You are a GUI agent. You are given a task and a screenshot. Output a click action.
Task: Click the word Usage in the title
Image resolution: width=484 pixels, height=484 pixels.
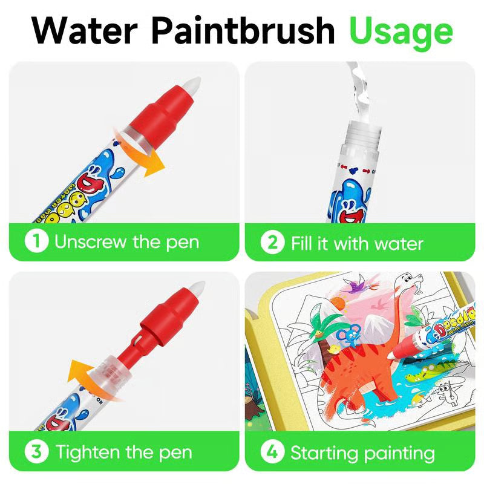[x=401, y=30]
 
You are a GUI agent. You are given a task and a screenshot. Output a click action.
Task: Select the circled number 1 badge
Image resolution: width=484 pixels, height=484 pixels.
[x=36, y=242]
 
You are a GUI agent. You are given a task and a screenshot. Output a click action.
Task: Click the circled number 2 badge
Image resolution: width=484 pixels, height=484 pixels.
[x=272, y=243]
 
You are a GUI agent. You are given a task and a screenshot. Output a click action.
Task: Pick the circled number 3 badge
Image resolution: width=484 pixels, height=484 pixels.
[x=36, y=451]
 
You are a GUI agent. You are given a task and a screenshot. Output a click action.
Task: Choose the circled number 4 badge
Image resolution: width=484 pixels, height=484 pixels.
[x=272, y=452]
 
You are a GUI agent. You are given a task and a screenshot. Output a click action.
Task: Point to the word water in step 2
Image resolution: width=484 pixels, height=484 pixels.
[x=397, y=243]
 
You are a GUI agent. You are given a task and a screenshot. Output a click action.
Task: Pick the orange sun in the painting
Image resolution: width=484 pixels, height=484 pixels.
[x=339, y=302]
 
